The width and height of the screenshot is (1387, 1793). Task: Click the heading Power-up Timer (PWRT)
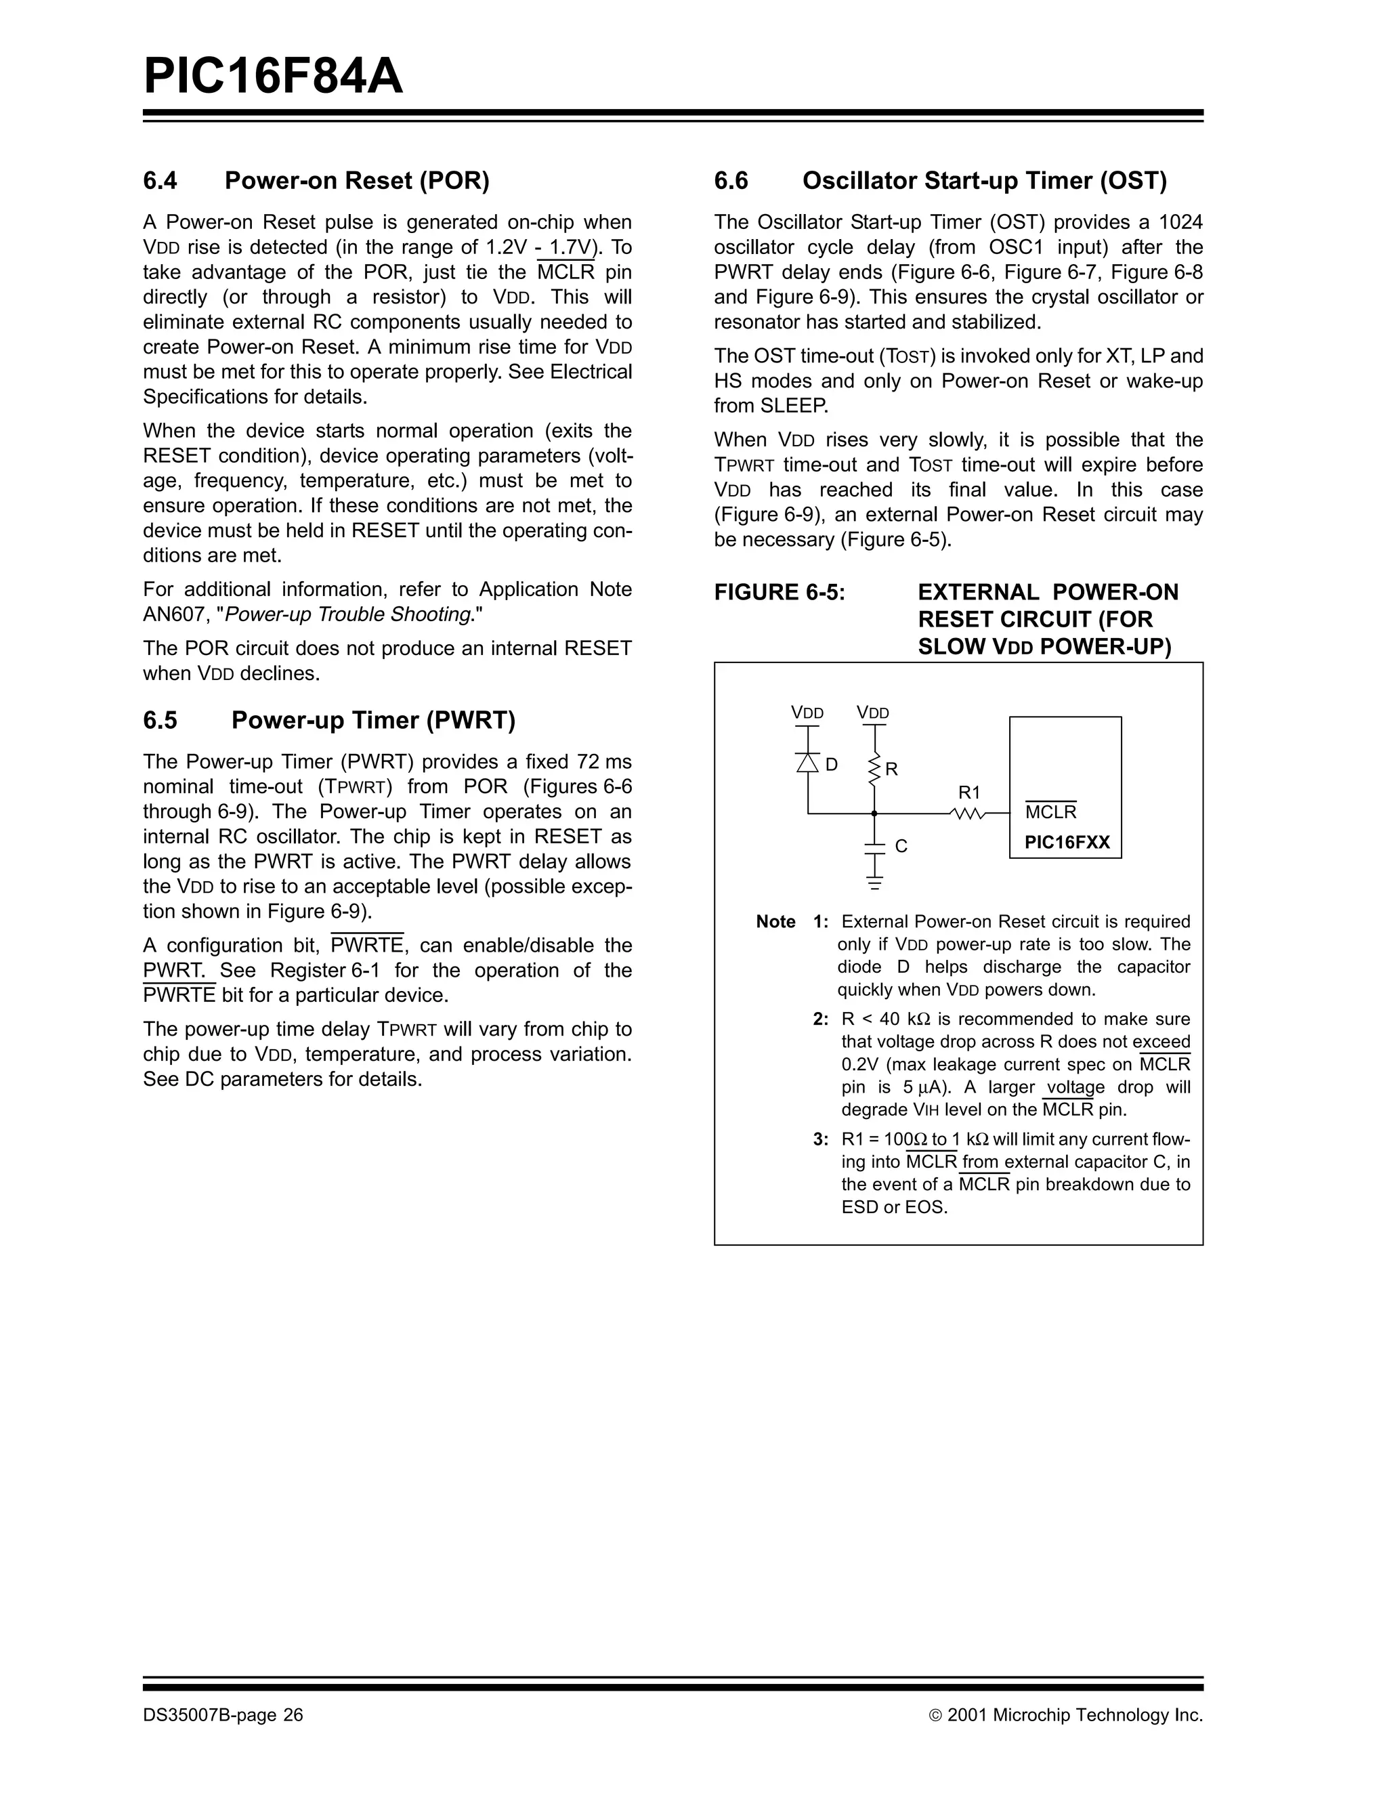372,720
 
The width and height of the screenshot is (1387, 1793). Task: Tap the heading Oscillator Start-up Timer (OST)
984,181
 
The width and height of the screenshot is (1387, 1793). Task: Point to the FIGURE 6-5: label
779,592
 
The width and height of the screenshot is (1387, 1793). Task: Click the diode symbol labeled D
809,763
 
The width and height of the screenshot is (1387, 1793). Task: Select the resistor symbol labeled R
875,768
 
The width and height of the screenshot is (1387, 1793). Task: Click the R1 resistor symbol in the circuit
968,814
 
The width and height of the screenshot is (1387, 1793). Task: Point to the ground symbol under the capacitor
875,884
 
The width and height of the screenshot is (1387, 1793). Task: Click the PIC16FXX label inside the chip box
1066,843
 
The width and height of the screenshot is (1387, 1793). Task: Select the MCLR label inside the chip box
1050,812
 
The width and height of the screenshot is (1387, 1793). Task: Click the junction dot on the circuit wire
875,814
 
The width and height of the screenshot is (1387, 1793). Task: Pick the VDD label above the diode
807,713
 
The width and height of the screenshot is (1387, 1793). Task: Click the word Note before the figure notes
775,921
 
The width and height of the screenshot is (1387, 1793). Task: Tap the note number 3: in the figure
821,1139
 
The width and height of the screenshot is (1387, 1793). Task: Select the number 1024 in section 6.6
1180,222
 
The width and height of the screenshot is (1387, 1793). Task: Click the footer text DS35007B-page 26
223,1715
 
